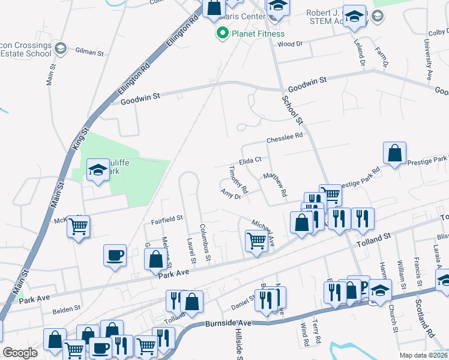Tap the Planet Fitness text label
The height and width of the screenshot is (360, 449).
[259, 34]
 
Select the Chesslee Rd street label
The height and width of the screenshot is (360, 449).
[285, 139]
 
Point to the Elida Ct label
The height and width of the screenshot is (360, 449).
[250, 160]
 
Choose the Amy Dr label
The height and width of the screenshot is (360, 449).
[231, 194]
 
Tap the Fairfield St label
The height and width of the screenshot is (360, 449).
[166, 220]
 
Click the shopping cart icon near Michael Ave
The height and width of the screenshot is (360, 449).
[256, 241]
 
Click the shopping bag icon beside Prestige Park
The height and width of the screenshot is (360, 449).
[395, 153]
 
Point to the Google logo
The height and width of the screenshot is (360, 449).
[20, 353]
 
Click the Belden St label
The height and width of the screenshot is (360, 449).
[66, 308]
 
